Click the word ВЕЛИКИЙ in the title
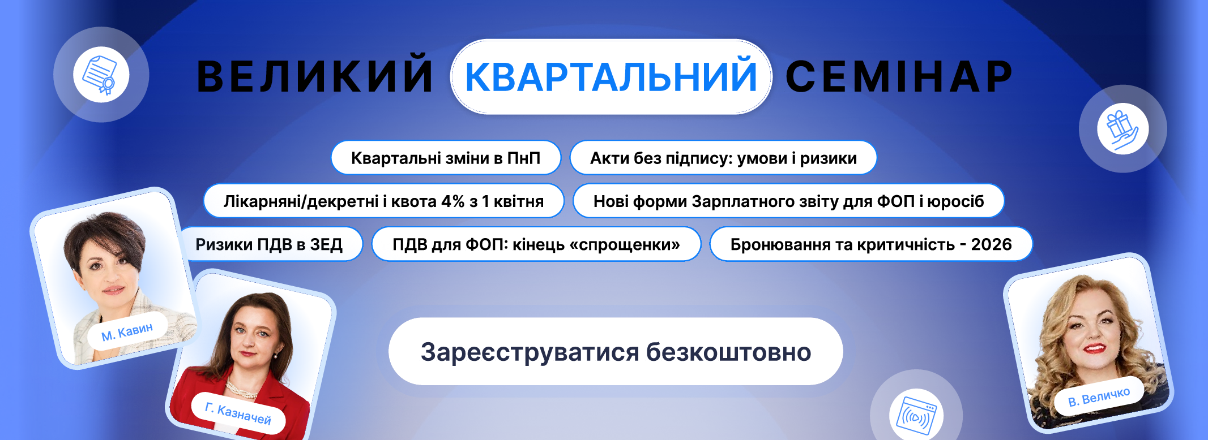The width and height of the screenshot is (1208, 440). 314,76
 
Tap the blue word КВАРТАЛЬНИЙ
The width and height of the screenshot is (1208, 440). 611,76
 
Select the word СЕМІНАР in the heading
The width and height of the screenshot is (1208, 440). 899,76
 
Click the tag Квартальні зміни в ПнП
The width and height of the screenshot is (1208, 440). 446,158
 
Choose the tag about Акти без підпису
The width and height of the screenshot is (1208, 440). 723,158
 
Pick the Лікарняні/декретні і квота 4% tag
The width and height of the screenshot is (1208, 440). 383,201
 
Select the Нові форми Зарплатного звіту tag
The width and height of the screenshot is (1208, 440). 788,201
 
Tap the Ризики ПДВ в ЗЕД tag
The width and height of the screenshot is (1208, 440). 271,244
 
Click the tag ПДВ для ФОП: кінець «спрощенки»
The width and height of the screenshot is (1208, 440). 536,244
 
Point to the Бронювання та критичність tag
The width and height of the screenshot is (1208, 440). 871,244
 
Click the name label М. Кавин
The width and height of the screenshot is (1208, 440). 127,331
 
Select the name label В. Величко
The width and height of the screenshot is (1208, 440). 1099,396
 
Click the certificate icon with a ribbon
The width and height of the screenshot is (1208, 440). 100,75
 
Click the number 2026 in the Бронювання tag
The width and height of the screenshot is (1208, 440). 991,244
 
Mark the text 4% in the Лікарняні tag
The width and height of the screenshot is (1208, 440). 453,201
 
